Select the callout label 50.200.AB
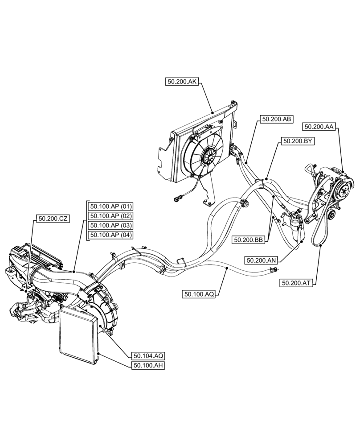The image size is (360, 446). (x=276, y=119)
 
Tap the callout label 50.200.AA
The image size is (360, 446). (x=319, y=127)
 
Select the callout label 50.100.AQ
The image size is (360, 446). (x=199, y=294)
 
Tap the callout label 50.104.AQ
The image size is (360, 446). (x=148, y=355)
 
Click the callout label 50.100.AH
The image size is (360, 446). (x=148, y=365)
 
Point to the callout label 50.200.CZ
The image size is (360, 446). (x=53, y=219)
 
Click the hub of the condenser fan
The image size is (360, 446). (x=208, y=157)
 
